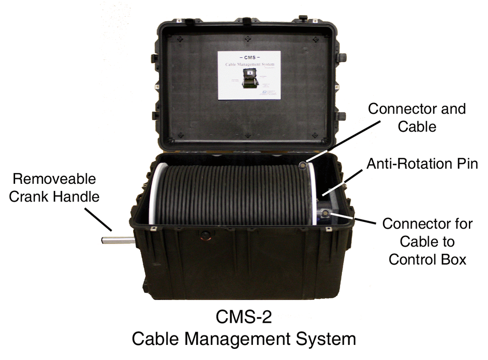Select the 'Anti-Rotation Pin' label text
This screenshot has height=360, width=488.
(422, 164)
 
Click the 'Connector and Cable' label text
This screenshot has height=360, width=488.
(417, 118)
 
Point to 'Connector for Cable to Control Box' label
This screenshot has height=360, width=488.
(427, 241)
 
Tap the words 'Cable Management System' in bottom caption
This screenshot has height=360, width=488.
(244, 340)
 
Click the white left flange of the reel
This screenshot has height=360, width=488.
(153, 195)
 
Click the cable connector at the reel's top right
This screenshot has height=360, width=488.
(303, 166)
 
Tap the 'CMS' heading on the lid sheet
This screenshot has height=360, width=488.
(250, 58)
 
